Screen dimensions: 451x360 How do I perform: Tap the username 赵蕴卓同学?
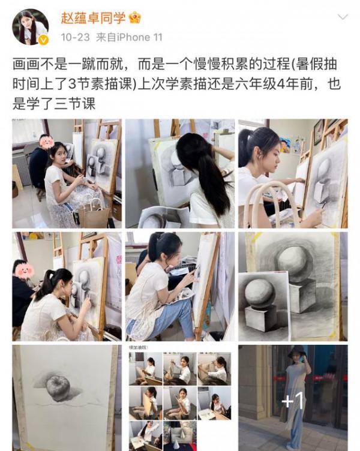pyautogui.click(x=92, y=18)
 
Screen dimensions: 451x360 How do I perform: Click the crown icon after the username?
pyautogui.click(x=135, y=18)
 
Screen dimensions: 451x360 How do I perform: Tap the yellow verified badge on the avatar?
pyautogui.click(x=43, y=40)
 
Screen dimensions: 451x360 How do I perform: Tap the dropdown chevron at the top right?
pyautogui.click(x=342, y=18)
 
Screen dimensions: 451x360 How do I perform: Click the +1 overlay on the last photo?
pyautogui.click(x=292, y=400)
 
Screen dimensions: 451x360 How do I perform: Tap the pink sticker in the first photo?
pyautogui.click(x=46, y=142)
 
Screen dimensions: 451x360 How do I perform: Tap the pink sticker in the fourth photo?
pyautogui.click(x=25, y=270)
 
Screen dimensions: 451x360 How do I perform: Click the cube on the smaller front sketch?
pyautogui.click(x=262, y=318)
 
